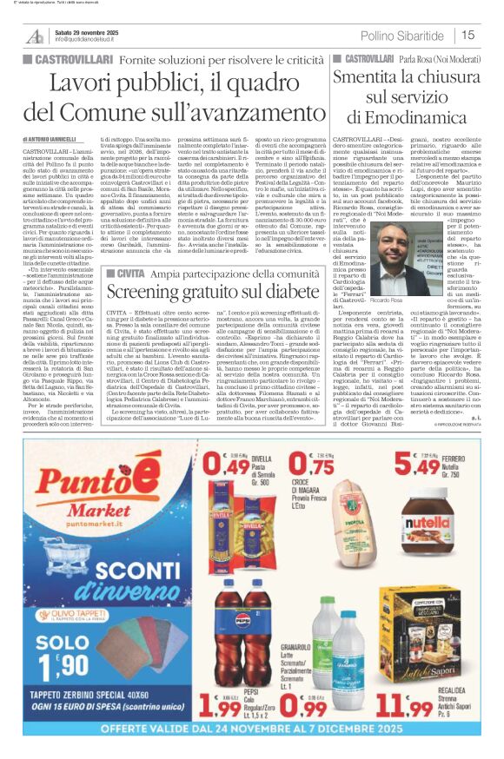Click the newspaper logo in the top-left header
coord(36,36)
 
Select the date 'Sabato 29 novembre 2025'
coord(90,31)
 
